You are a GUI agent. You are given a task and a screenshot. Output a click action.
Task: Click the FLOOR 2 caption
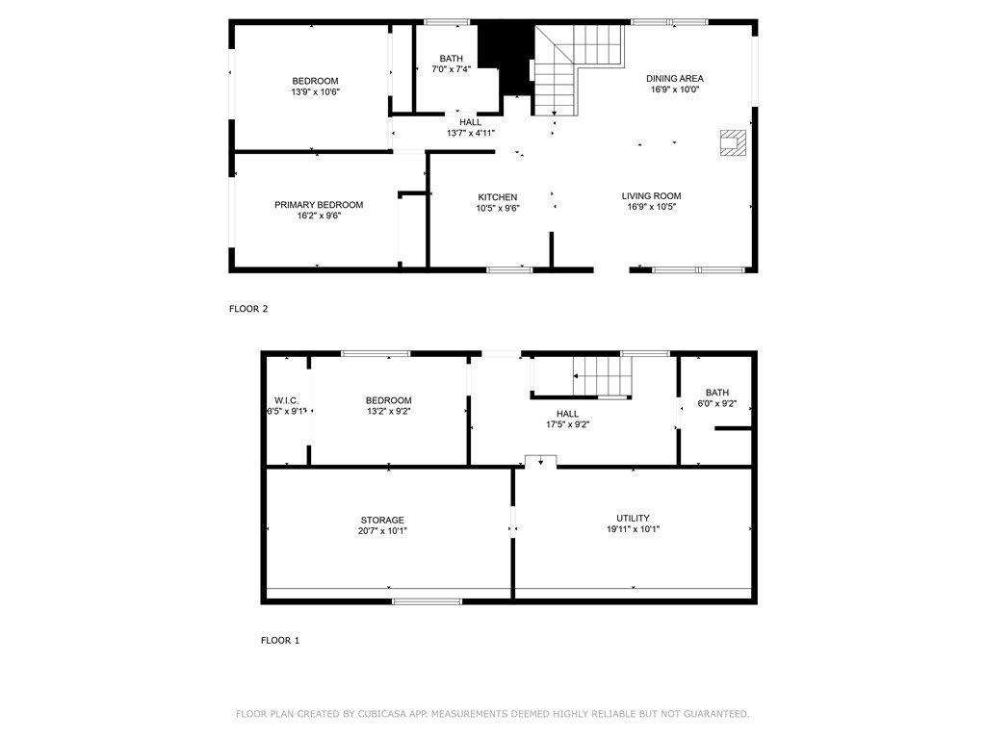click(248, 309)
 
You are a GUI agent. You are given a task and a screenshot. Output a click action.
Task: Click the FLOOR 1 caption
click(280, 640)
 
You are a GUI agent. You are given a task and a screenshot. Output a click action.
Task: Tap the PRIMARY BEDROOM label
click(319, 205)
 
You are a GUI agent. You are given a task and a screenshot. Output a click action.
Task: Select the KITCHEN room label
click(498, 197)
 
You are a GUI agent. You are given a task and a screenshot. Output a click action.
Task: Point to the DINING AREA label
click(675, 79)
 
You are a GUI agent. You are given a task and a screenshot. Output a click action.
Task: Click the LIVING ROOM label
click(652, 196)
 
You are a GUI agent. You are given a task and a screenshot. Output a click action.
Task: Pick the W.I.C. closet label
click(287, 401)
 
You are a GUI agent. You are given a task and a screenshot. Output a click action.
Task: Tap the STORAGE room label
click(382, 521)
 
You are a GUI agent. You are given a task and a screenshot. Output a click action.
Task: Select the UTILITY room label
click(633, 519)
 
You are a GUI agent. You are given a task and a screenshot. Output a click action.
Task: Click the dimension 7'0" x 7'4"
click(451, 69)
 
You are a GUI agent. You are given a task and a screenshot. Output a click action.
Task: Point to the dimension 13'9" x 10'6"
click(315, 91)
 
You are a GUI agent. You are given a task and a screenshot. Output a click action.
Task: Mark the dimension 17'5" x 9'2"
click(567, 424)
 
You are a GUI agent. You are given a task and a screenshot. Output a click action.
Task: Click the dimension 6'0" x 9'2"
click(716, 404)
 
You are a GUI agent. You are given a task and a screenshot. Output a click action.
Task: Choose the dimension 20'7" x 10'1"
click(382, 531)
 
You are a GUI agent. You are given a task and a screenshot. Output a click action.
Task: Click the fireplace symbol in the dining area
click(733, 142)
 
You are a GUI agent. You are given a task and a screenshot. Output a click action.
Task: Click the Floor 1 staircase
click(603, 376)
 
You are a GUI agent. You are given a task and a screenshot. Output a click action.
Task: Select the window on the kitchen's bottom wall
click(509, 270)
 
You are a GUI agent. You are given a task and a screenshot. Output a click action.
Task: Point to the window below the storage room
click(427, 601)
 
